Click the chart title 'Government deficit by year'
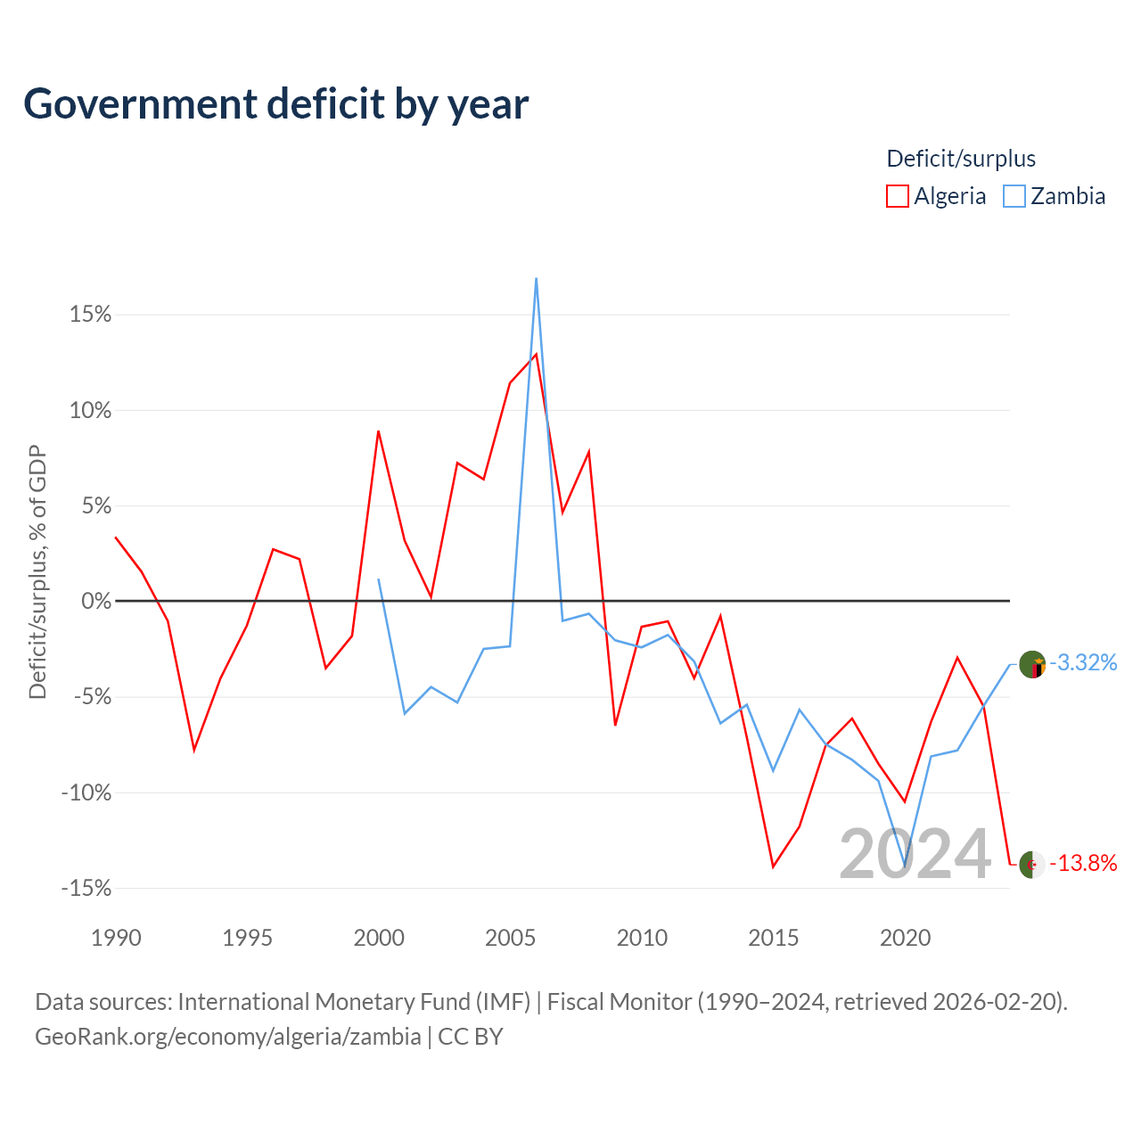[x=275, y=104]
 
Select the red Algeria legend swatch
[x=897, y=196]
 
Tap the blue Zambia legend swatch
[x=1014, y=196]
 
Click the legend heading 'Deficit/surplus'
[x=960, y=159]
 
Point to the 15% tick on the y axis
[x=91, y=315]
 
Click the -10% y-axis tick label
[x=86, y=792]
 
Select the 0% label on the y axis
[x=96, y=601]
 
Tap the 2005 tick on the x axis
[x=510, y=938]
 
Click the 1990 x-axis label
[x=116, y=938]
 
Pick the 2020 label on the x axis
[x=905, y=938]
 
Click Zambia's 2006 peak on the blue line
[x=536, y=278]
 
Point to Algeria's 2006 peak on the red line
[x=536, y=354]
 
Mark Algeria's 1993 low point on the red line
[x=194, y=751]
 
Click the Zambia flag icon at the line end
[x=1032, y=664]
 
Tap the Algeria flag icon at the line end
[x=1032, y=865]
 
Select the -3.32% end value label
[x=1083, y=663]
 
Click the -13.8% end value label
[x=1083, y=863]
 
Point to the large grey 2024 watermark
[x=915, y=854]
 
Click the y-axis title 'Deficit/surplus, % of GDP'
[x=37, y=572]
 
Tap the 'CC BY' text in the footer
[x=470, y=1037]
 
